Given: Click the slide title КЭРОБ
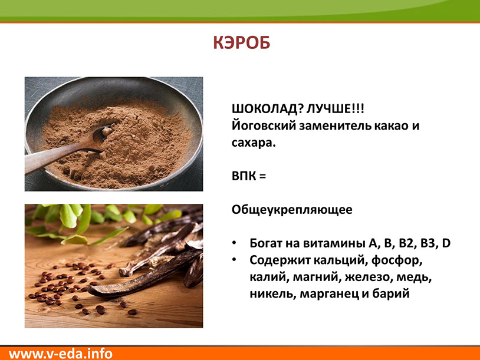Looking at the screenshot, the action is [x=242, y=43].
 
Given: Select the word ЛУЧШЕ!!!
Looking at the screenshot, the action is [x=335, y=109].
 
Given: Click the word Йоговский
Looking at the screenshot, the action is [x=264, y=126].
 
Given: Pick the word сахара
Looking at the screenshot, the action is [x=254, y=143].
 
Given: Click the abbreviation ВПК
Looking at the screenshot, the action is [x=244, y=176].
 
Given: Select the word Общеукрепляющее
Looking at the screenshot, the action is [x=292, y=210].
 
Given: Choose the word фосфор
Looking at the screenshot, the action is [x=397, y=260].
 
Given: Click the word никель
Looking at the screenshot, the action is [x=272, y=294].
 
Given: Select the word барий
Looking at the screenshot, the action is [x=390, y=294].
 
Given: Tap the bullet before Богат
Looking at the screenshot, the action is [x=234, y=243].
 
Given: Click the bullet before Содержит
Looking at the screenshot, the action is [x=234, y=260].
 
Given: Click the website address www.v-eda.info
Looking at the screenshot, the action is [x=61, y=354].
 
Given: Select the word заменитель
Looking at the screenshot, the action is [x=334, y=126].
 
